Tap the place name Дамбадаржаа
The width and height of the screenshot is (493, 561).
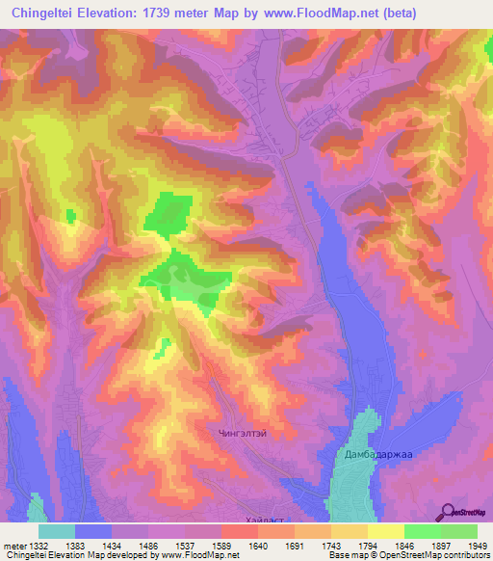click(376, 453)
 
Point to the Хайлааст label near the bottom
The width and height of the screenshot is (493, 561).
click(266, 520)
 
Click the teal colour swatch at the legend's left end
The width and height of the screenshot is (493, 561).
click(57, 531)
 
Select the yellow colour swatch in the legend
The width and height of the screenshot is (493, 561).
click(385, 531)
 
